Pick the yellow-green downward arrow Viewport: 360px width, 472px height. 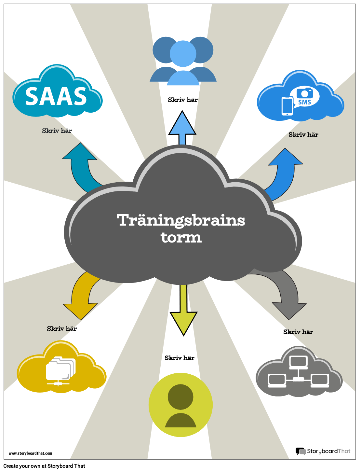tap(183, 312)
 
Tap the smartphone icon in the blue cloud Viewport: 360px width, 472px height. tap(287, 106)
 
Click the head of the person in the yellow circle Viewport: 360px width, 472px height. tap(180, 397)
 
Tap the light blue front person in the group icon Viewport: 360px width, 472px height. tap(183, 62)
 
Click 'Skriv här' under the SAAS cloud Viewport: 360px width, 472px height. tap(57, 131)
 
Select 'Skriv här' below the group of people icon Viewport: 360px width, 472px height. tap(183, 100)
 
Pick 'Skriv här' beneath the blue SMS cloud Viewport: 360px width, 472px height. tap(303, 135)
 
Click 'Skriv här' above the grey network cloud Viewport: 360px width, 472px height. tap(298, 332)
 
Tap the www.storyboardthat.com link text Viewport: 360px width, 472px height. tap(30, 453)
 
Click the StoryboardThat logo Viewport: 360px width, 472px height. tap(323, 451)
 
